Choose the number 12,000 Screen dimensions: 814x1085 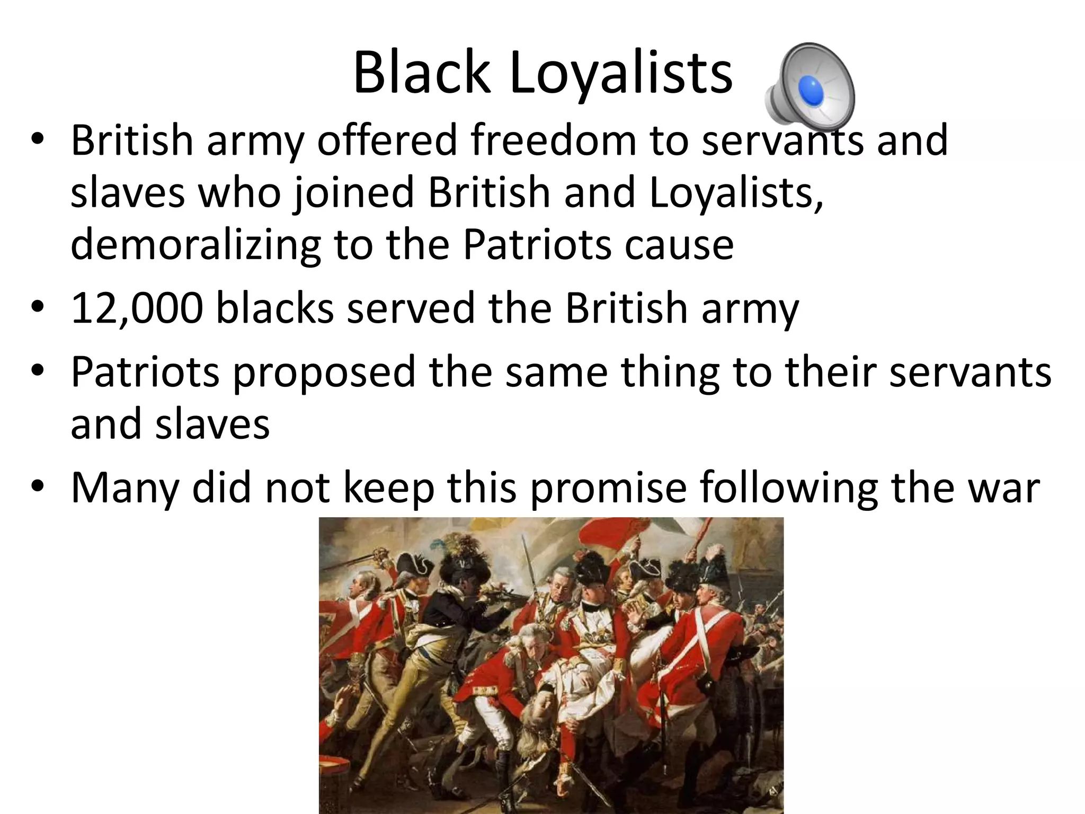[x=137, y=308]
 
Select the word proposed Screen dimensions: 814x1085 [x=324, y=372]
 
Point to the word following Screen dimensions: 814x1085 [x=789, y=488]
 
